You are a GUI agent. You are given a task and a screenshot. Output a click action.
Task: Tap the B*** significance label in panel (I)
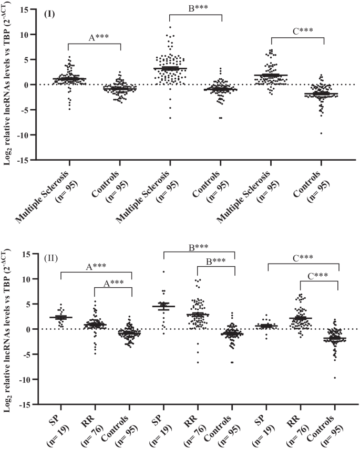tap(196, 9)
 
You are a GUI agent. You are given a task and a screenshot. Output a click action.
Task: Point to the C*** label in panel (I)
tap(298, 30)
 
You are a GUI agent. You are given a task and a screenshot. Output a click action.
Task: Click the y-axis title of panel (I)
tap(9, 84)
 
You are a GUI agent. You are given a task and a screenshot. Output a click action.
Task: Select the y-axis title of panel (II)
tap(9, 329)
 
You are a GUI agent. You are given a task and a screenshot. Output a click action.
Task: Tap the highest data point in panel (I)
tap(169, 27)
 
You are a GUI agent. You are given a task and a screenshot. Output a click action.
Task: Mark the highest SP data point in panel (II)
tap(163, 272)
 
